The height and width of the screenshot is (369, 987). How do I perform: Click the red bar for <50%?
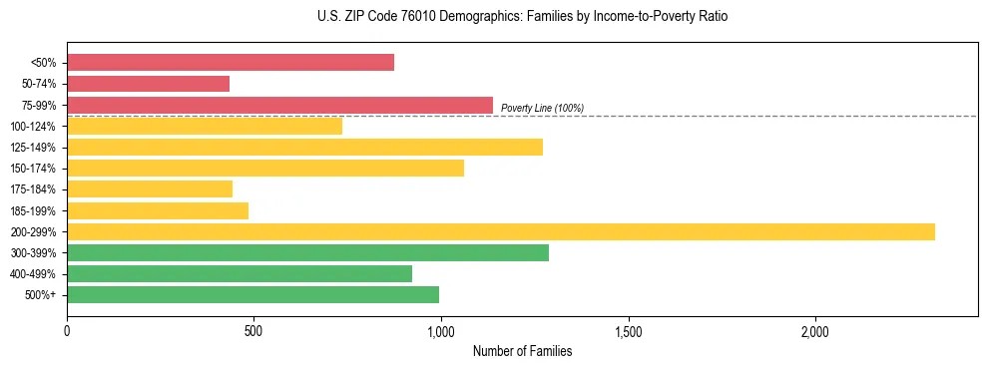pyautogui.click(x=231, y=63)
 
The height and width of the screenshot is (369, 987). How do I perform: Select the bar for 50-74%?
pyautogui.click(x=149, y=84)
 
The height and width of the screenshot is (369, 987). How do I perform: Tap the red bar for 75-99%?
pyautogui.click(x=280, y=105)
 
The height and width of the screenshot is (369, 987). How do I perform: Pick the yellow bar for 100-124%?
pyautogui.click(x=205, y=126)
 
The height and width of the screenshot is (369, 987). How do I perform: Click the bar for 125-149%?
pyautogui.click(x=304, y=147)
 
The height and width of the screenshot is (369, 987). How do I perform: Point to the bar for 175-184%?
pyautogui.click(x=150, y=188)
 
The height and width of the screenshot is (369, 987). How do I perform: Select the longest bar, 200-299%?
pyautogui.click(x=501, y=231)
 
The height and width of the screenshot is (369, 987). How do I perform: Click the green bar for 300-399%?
pyautogui.click(x=307, y=252)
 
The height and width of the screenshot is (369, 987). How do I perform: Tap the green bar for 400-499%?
pyautogui.click(x=240, y=273)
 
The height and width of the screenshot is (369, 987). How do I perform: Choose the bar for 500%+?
pyautogui.click(x=252, y=294)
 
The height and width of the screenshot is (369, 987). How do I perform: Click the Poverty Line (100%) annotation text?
pyautogui.click(x=542, y=108)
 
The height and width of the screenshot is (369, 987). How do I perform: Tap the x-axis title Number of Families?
pyautogui.click(x=522, y=351)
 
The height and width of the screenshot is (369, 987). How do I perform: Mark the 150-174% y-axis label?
pyautogui.click(x=33, y=169)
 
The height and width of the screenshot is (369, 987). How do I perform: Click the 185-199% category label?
pyautogui.click(x=33, y=210)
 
